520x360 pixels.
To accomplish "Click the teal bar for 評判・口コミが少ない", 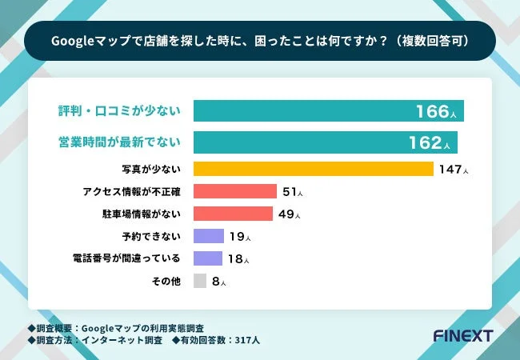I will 328,111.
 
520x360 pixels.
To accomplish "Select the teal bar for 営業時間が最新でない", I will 325,142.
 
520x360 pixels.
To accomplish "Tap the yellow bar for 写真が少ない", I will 313,169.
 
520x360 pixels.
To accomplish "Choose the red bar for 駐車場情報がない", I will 233,214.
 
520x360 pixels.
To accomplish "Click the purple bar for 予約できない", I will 208,236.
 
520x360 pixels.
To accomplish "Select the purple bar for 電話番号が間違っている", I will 207,258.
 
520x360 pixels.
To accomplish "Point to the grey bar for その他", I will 200,281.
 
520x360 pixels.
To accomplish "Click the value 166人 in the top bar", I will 436,112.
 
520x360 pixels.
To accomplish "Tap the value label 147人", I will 453,170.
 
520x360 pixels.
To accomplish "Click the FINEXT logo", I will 462,334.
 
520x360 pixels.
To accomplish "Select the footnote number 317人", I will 245,339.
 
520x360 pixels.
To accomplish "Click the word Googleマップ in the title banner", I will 82,39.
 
